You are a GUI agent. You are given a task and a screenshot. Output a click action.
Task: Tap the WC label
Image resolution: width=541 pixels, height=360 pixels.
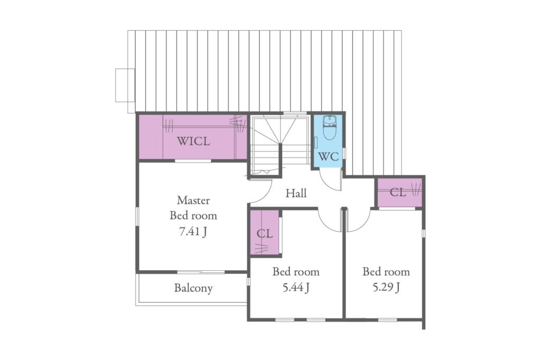point(328,157)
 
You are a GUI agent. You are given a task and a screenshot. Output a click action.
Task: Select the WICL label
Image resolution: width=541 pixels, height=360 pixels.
point(193,141)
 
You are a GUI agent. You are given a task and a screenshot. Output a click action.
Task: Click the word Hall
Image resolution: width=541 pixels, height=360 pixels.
point(296,193)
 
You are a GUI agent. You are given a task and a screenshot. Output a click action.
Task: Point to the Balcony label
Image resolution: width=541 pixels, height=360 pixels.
point(193,288)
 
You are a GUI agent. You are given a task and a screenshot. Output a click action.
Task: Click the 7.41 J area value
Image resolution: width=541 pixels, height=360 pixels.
point(193,232)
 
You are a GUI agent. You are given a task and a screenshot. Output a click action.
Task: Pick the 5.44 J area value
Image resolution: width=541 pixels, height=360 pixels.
point(296,287)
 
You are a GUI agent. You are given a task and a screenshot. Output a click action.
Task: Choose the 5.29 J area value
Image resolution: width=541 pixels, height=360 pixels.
point(386,287)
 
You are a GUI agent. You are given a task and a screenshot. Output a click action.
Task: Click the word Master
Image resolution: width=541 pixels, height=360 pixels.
point(193,200)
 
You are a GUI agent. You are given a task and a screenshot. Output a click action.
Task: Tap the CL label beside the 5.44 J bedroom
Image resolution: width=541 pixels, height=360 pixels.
point(265,234)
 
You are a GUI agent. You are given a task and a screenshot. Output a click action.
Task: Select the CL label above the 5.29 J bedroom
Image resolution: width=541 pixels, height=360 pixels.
point(398,193)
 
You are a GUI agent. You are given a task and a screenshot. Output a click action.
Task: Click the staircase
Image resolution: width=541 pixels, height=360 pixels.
point(279,145)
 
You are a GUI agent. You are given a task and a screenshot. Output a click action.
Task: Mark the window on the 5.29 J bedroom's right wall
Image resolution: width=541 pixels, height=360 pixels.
point(423,233)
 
